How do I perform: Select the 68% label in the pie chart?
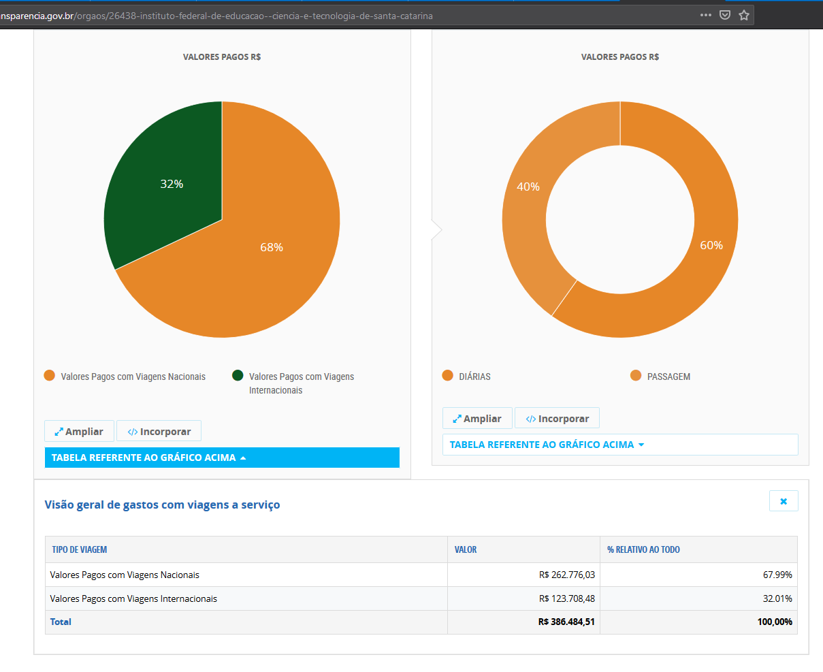coord(272,247)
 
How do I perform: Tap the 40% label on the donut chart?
coord(528,187)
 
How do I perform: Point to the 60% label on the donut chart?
coord(711,245)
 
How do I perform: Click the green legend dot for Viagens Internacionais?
coord(238,375)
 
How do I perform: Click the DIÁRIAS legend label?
coord(474,377)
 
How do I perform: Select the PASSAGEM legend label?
coord(668,377)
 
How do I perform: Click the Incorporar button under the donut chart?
coord(557,418)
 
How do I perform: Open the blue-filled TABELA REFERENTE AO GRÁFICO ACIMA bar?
coord(222,458)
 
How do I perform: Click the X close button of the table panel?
coord(784,501)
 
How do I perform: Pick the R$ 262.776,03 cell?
coord(567,575)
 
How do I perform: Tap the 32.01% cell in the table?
coord(777,598)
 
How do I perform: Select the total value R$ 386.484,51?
coord(566,622)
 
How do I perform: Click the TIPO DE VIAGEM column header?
coord(80,549)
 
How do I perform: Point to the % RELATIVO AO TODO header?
coord(643,549)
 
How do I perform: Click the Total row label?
coord(61,622)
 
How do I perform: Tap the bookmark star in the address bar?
coord(744,15)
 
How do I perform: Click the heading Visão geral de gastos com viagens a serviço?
coord(162,505)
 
